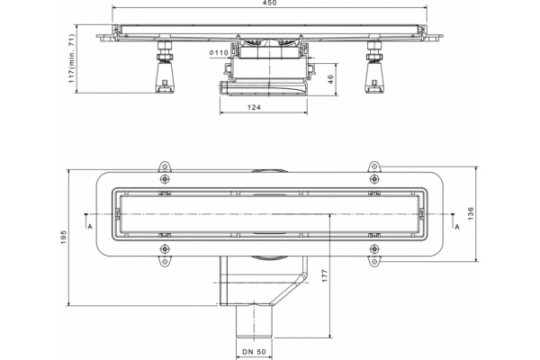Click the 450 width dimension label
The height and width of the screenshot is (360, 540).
(269, 3)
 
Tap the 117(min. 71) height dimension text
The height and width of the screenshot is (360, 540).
(71, 58)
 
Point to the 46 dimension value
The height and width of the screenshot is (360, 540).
(330, 79)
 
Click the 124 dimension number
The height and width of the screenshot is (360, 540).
(254, 107)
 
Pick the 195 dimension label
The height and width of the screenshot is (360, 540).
(63, 238)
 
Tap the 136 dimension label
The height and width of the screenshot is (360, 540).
(471, 213)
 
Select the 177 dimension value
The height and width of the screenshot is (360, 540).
(325, 276)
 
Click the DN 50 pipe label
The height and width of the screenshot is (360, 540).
(254, 352)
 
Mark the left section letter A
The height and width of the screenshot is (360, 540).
(90, 226)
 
